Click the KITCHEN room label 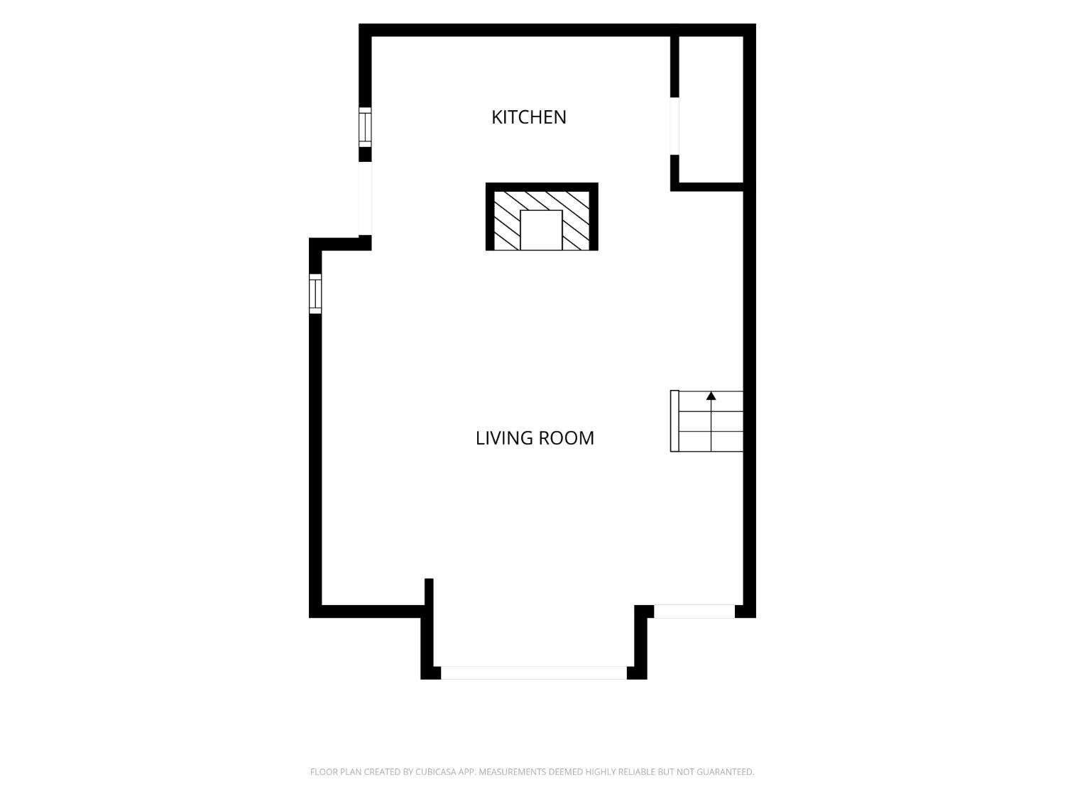pos(528,117)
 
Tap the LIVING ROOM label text pos(535,438)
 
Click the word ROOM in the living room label pos(566,438)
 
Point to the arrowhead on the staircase pos(711,396)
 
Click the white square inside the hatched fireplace pos(541,230)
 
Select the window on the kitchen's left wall pos(365,127)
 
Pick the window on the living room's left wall pos(315,293)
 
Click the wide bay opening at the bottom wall pos(534,673)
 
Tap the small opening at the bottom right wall pos(694,612)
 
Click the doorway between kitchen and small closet pos(674,126)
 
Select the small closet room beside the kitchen pos(711,109)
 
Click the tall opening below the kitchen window pos(365,198)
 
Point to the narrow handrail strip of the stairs pos(674,421)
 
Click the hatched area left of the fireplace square pos(507,221)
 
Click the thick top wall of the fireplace pos(542,187)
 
